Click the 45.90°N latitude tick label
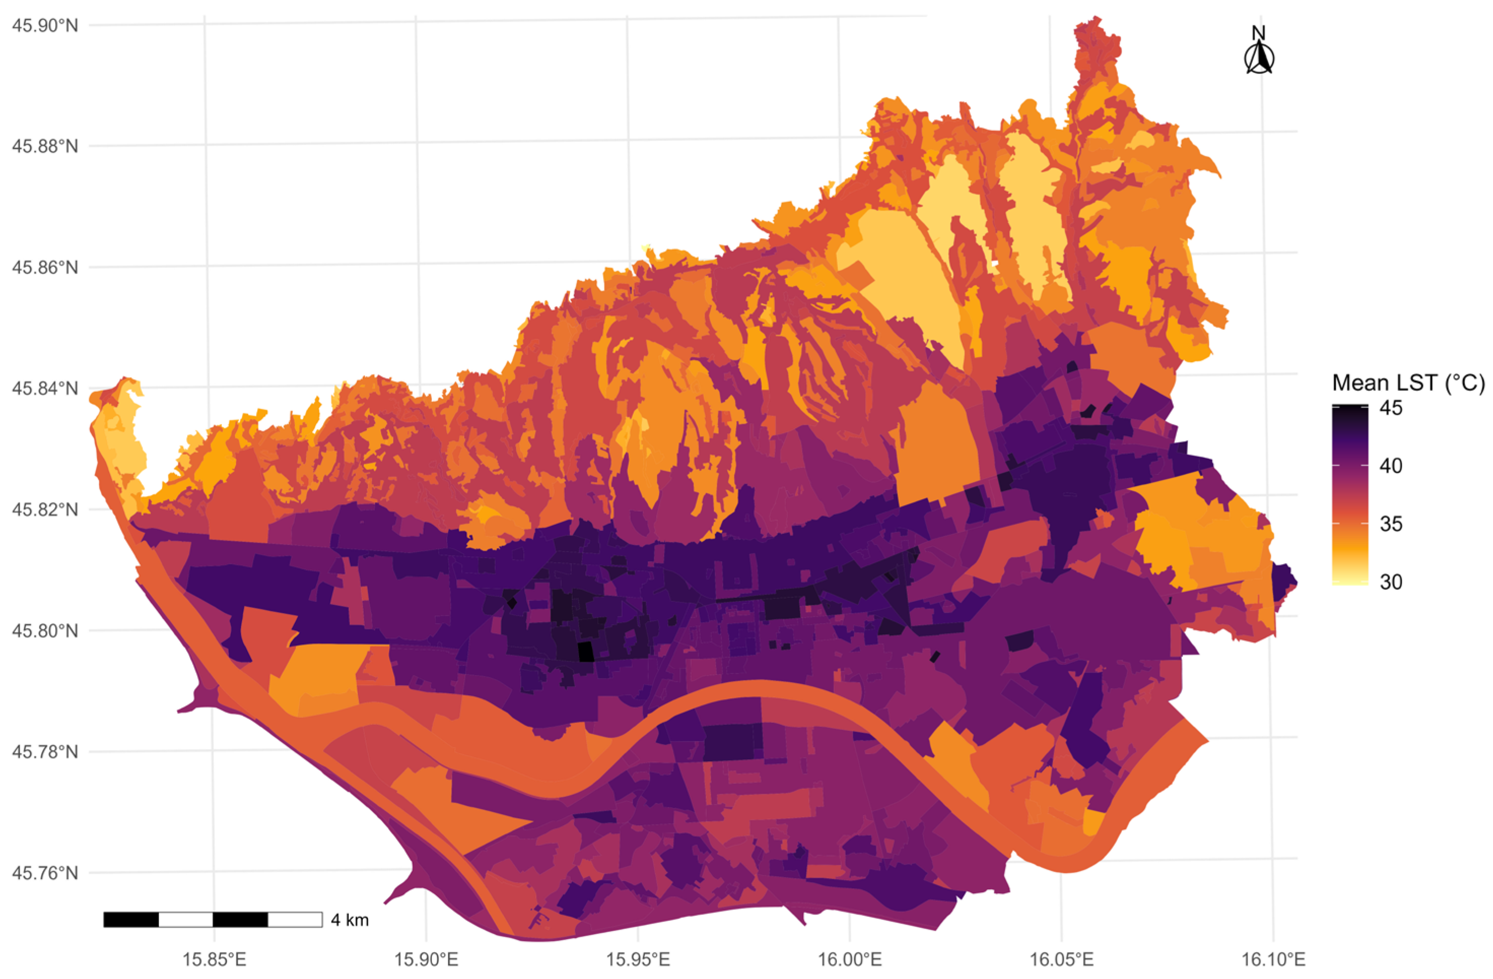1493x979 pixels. click(45, 26)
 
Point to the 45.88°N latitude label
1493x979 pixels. click(45, 147)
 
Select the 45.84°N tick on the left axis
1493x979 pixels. click(45, 388)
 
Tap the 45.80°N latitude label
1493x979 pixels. click(45, 631)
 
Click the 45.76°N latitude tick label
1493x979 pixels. click(45, 873)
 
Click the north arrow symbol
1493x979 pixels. click(1259, 59)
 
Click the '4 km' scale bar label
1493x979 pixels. click(350, 920)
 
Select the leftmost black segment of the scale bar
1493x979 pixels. click(131, 920)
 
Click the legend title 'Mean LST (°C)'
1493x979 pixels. click(1408, 382)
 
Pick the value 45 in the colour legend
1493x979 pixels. click(1391, 409)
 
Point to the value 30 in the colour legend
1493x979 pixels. click(1391, 582)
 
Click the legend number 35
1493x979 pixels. click(1391, 524)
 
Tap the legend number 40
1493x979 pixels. click(1391, 466)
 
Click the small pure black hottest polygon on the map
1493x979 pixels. click(585, 651)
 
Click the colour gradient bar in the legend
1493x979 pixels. click(1350, 496)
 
